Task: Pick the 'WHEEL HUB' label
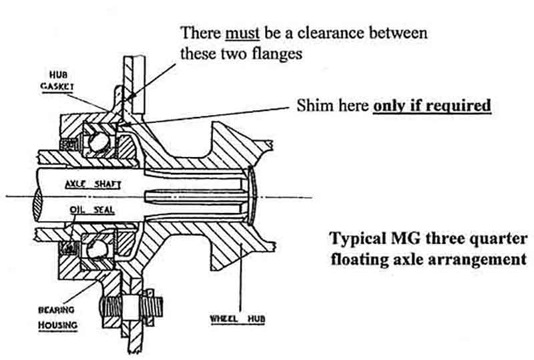(238, 319)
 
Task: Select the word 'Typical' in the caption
(354, 239)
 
